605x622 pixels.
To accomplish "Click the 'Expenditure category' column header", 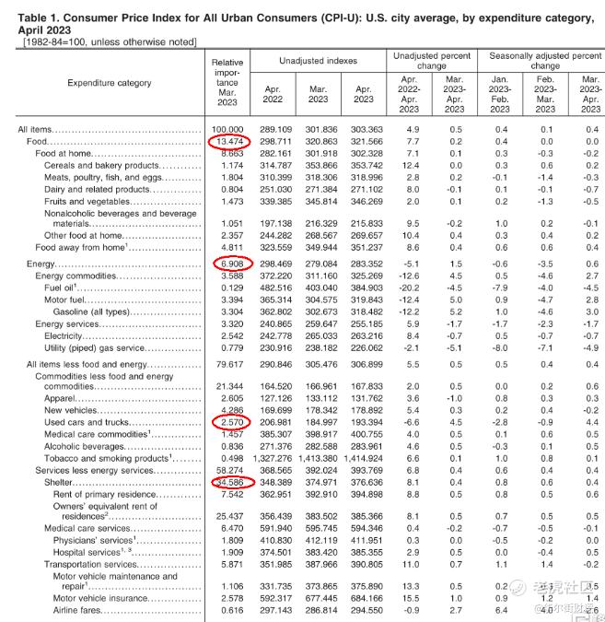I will (x=110, y=83).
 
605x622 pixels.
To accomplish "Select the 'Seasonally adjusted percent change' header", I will (x=545, y=61).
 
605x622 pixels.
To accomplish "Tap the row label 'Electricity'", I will (x=73, y=336).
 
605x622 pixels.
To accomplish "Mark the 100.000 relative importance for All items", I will (x=227, y=129).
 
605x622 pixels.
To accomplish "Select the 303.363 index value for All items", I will (x=364, y=129).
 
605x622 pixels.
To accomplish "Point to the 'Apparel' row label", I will (x=62, y=397).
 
